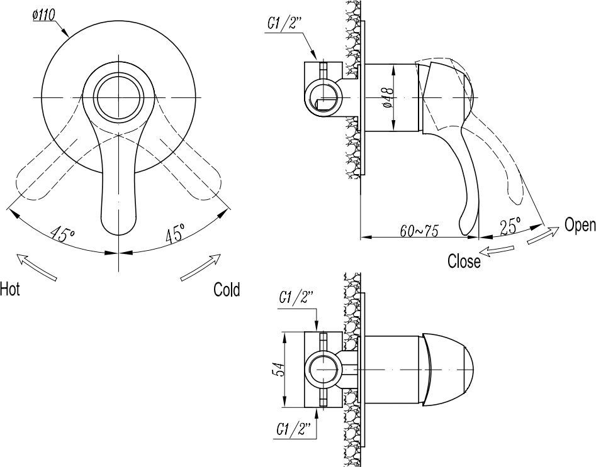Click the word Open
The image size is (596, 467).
tap(580, 225)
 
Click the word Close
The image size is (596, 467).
tap(464, 261)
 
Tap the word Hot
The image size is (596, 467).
tap(10, 290)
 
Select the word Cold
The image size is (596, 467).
tap(227, 290)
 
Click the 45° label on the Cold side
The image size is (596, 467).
tap(175, 234)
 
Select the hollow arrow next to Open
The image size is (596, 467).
tap(542, 236)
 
